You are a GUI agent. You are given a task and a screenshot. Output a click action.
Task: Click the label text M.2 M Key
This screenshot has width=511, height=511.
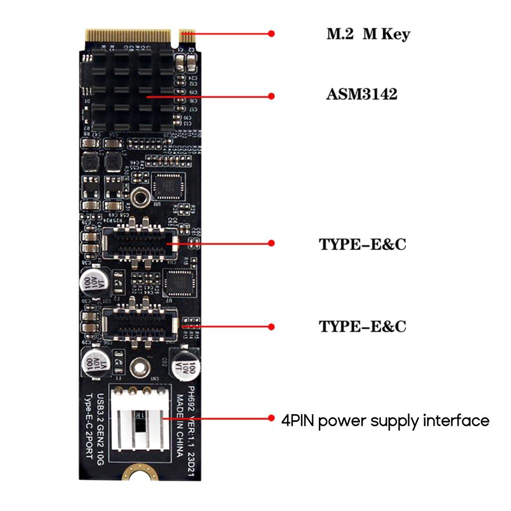(x=368, y=34)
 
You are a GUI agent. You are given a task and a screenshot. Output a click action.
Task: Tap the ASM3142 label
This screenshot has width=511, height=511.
(x=361, y=95)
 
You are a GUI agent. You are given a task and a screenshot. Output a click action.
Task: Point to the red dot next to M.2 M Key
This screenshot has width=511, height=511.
(x=271, y=33)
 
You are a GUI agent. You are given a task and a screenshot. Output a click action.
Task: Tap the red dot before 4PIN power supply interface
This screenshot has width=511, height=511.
(x=271, y=418)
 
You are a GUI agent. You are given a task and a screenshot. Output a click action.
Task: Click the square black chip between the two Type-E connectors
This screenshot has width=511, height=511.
(x=178, y=283)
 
